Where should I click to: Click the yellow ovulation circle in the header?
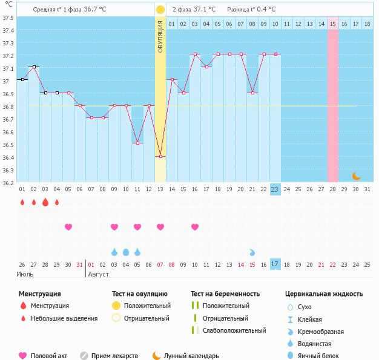pos(160,10)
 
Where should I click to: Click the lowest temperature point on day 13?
pos(160,157)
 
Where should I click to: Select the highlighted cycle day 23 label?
pos(275,189)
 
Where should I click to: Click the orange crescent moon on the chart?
pos(357,176)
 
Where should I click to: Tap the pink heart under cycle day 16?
pos(195,227)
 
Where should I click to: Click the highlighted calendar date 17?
pos(275,264)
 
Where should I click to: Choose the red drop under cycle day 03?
pos(45,203)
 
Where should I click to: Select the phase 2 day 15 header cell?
pos(333,24)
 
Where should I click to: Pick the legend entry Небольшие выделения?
pos(64,318)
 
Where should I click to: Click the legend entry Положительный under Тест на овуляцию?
pos(147,306)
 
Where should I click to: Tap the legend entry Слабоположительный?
pos(234,330)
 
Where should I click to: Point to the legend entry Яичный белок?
pos(318,356)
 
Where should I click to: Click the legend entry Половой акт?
pos(50,356)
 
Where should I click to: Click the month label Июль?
pos(24,274)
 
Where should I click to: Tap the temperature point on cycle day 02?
pos(33,67)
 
